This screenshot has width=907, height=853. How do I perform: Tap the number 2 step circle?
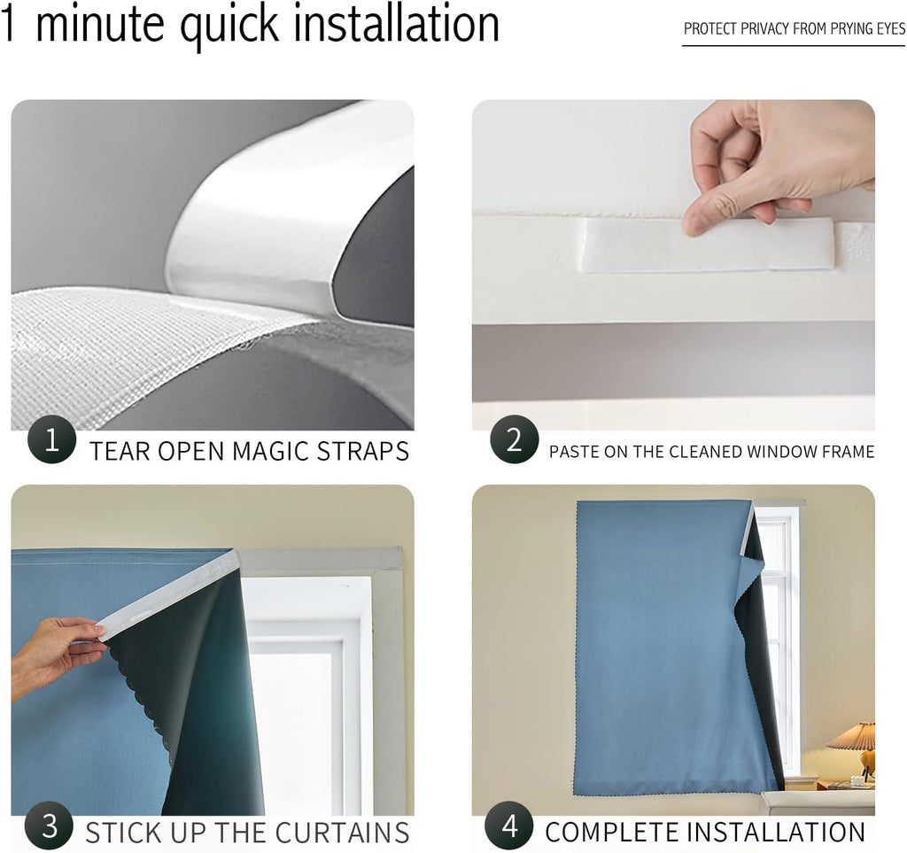click(x=515, y=439)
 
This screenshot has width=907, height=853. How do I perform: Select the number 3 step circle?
click(x=50, y=826)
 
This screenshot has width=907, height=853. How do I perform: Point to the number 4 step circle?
click(x=509, y=826)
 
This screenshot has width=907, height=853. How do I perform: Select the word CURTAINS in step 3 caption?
click(x=342, y=834)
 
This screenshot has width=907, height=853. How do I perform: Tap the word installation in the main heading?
click(x=397, y=23)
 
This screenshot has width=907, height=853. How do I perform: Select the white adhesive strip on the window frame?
click(x=707, y=244)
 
